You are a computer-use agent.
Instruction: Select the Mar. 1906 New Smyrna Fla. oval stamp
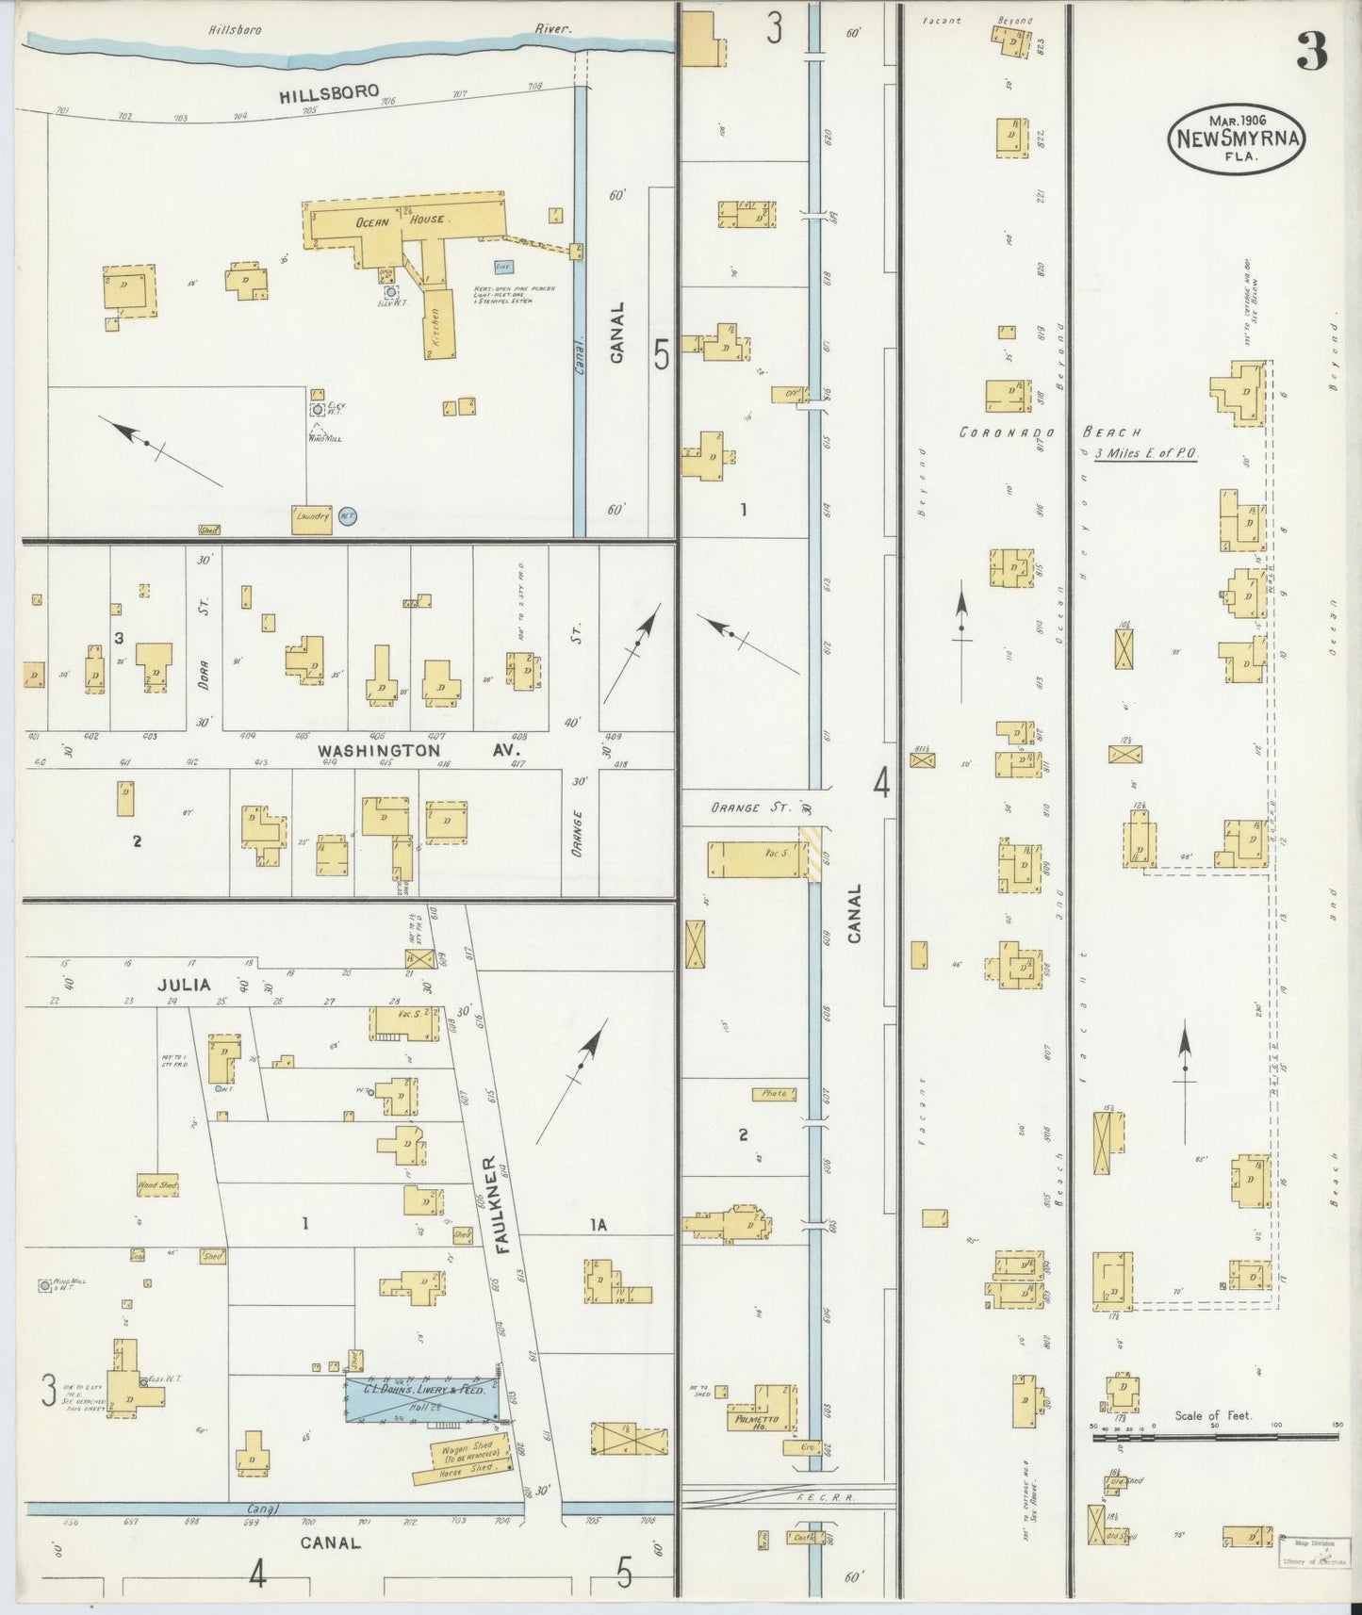pos(1237,139)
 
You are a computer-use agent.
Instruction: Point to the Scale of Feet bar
pos(1215,1437)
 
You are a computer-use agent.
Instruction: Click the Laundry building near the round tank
pos(312,518)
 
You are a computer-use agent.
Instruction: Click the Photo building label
pos(774,1094)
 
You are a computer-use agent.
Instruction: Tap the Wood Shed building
pos(157,1185)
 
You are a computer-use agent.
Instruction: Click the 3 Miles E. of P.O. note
pos(1146,454)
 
